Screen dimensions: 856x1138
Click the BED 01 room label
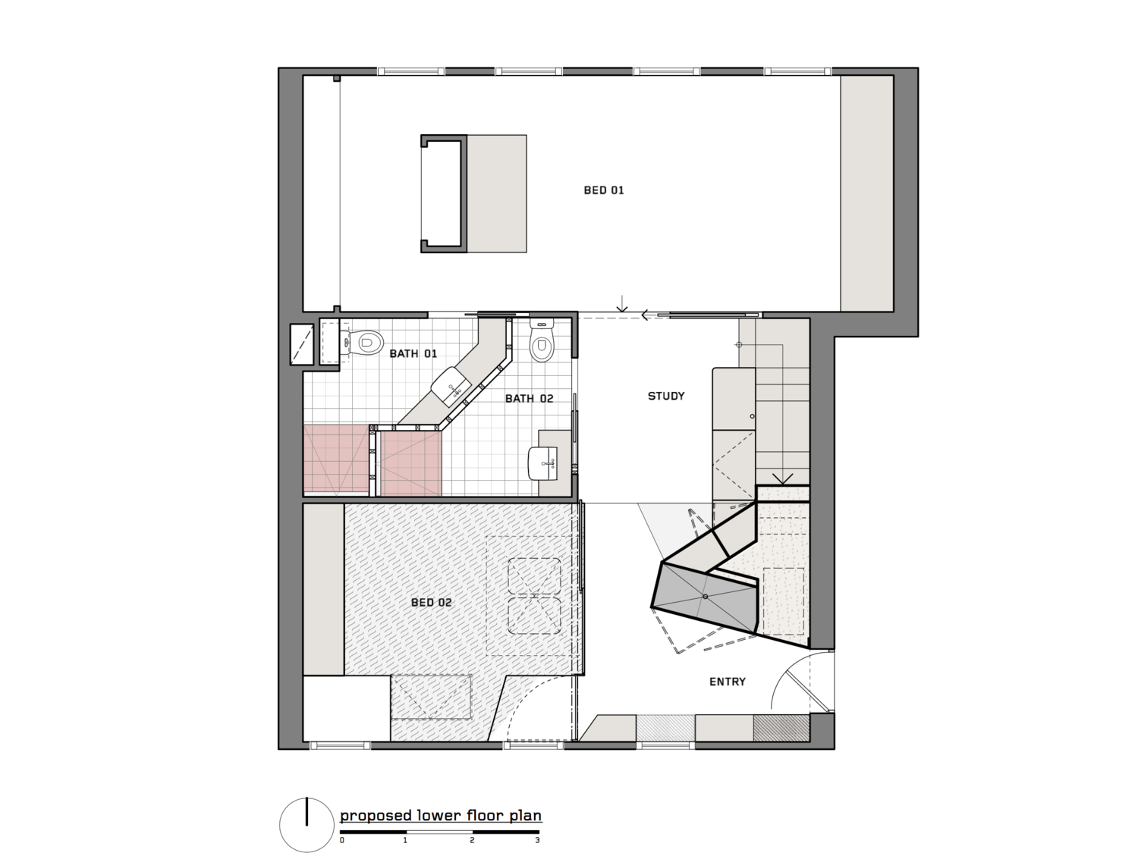pyautogui.click(x=604, y=190)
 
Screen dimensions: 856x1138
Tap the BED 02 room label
pyautogui.click(x=431, y=603)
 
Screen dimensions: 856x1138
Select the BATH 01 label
pyautogui.click(x=413, y=354)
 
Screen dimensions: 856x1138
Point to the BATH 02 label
pyautogui.click(x=529, y=399)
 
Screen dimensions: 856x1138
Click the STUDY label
pyautogui.click(x=666, y=396)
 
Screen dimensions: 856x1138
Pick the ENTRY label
pyautogui.click(x=727, y=682)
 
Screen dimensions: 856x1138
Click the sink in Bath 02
pyautogui.click(x=543, y=462)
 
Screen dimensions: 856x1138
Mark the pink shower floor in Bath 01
pyautogui.click(x=335, y=459)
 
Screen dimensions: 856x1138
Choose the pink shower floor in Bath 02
pyautogui.click(x=410, y=463)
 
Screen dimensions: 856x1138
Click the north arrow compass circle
pyautogui.click(x=307, y=825)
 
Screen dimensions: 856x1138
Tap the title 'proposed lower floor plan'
pyautogui.click(x=440, y=816)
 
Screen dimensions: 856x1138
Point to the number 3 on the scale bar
pyautogui.click(x=537, y=840)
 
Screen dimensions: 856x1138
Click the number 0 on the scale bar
pyautogui.click(x=342, y=840)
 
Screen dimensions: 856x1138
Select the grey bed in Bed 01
pyautogui.click(x=495, y=193)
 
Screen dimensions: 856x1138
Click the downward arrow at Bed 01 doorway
pyautogui.click(x=622, y=304)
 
